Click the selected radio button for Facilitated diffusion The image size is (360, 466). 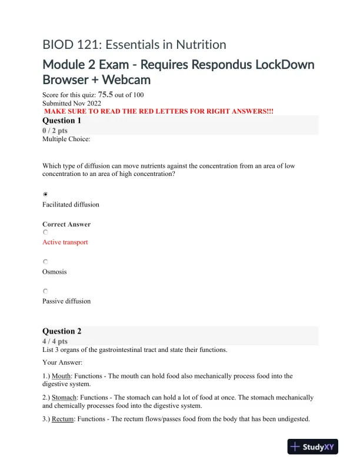(46, 194)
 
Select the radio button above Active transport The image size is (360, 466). (46, 233)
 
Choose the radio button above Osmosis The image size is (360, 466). (46, 262)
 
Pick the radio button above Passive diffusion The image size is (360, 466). (46, 291)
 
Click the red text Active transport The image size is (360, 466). (65, 242)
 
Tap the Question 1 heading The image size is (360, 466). (62, 121)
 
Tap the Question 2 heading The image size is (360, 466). (62, 331)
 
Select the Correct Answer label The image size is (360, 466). (66, 224)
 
